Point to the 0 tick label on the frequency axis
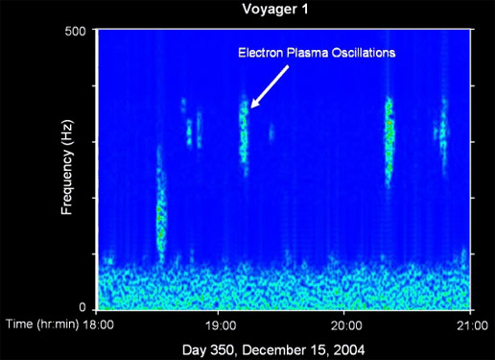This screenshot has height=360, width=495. tap(83, 307)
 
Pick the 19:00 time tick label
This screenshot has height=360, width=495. tap(221, 324)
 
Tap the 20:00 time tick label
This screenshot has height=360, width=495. tap(345, 324)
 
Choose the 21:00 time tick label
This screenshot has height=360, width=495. tap(469, 324)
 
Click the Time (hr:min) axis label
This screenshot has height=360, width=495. tap(41, 324)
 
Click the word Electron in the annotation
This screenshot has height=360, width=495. tap(259, 53)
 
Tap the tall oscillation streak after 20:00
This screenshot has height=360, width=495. tap(389, 139)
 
